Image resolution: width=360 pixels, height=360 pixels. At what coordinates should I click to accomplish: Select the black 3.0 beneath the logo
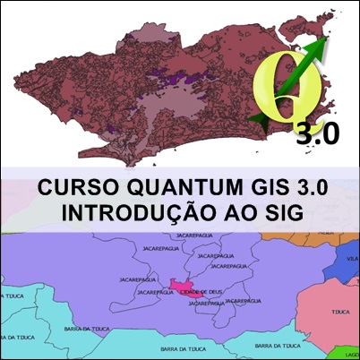317,134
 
